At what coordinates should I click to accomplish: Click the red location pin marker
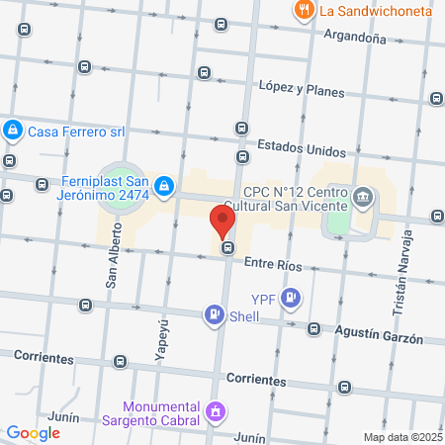coord(222,219)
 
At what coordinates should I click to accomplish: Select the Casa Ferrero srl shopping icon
coord(13,130)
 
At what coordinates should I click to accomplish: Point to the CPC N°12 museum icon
coord(363,198)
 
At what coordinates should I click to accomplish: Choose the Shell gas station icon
coord(213,315)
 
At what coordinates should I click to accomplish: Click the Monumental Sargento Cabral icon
coord(216,410)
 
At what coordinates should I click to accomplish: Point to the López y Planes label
coord(301,90)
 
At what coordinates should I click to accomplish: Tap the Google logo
coord(34,432)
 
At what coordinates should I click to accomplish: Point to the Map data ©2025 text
coord(400,437)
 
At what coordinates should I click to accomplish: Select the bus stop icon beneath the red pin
coord(228,248)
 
